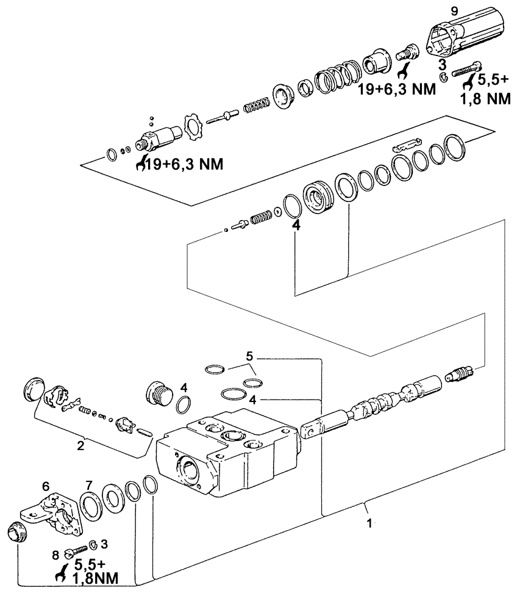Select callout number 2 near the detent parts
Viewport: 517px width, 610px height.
point(80,446)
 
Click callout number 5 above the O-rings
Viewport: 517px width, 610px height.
point(249,355)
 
